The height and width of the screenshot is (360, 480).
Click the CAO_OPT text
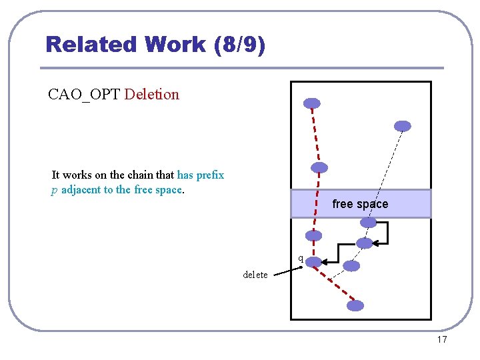pos(84,94)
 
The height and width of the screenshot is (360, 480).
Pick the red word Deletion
pos(152,94)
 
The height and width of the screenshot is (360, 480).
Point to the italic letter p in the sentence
pos(54,189)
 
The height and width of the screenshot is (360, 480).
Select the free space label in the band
pos(360,204)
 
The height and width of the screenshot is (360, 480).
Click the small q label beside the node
pos(301,258)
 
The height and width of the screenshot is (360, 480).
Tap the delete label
pos(255,275)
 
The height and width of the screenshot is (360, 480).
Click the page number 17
pos(441,340)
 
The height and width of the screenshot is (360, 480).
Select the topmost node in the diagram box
pos(312,103)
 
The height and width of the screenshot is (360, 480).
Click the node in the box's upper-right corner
pos(403,126)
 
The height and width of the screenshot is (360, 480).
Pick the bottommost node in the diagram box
pos(356,306)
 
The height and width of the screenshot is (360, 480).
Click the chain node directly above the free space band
pos(320,167)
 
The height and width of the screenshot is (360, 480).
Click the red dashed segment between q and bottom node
pos(335,284)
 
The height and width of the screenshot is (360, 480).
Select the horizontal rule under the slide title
pos(241,68)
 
